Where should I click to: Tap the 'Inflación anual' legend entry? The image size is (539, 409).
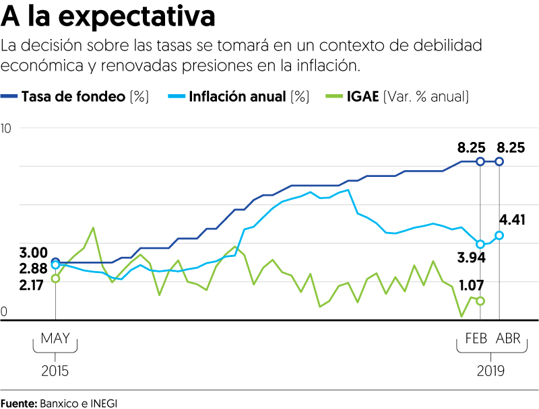pyautogui.click(x=238, y=96)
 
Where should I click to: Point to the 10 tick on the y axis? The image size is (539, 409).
pyautogui.click(x=6, y=128)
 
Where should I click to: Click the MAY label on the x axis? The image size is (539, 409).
pyautogui.click(x=55, y=338)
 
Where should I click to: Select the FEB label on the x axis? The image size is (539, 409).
pyautogui.click(x=476, y=338)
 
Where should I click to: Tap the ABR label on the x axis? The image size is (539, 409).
pyautogui.click(x=509, y=338)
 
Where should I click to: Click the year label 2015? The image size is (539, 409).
pyautogui.click(x=55, y=371)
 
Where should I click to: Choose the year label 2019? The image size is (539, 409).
pyautogui.click(x=490, y=371)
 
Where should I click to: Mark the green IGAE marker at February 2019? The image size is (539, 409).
pyautogui.click(x=480, y=301)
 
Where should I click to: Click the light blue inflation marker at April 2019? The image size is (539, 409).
pyautogui.click(x=499, y=235)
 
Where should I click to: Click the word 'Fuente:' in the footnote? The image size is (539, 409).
pyautogui.click(x=19, y=403)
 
